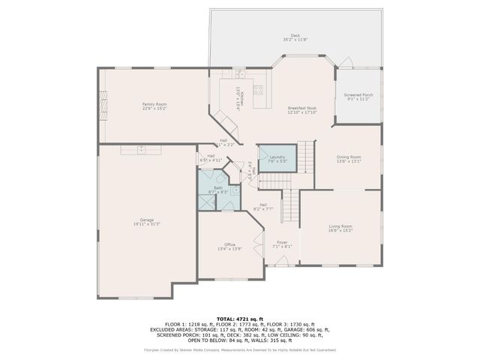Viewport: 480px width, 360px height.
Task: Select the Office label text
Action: click(x=230, y=244)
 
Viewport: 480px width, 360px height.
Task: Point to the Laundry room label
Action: click(x=277, y=156)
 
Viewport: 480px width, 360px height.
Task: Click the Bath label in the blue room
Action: click(x=217, y=187)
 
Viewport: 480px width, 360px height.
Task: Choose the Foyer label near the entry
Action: click(x=283, y=242)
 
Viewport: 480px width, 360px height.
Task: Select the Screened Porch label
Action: click(x=358, y=95)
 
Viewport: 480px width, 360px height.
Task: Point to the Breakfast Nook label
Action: click(x=302, y=108)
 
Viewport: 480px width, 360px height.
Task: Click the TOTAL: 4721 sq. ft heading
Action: click(x=240, y=318)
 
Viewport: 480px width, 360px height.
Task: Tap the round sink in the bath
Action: click(x=234, y=190)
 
